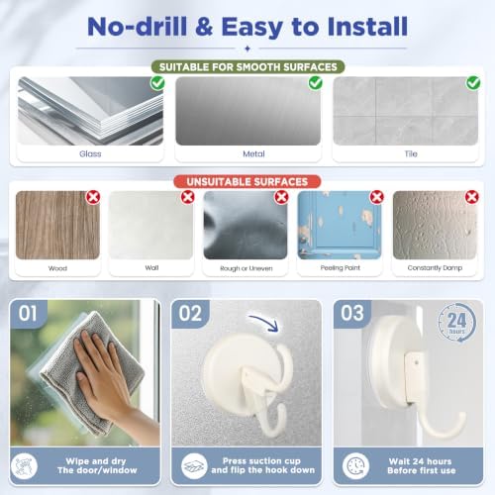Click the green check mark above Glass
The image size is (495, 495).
click(x=157, y=83)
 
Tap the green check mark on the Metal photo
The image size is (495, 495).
click(x=316, y=83)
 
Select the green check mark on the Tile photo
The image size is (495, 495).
click(x=473, y=83)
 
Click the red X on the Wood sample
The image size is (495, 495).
click(x=93, y=197)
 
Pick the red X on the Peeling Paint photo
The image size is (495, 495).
click(x=377, y=197)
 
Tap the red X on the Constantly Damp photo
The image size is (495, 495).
click(x=472, y=197)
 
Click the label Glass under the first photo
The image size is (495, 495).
click(x=90, y=153)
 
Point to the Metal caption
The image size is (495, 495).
click(x=253, y=153)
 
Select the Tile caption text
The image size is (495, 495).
click(x=411, y=153)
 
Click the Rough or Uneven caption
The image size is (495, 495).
click(x=247, y=268)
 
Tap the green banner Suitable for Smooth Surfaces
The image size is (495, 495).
click(x=248, y=67)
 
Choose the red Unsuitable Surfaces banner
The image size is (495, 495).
click(x=247, y=182)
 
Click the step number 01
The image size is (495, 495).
click(x=28, y=313)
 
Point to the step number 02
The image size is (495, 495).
click(x=190, y=313)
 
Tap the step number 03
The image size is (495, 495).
click(x=352, y=313)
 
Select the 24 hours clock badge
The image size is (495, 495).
click(x=457, y=323)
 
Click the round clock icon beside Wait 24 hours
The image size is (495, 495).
click(x=355, y=465)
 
